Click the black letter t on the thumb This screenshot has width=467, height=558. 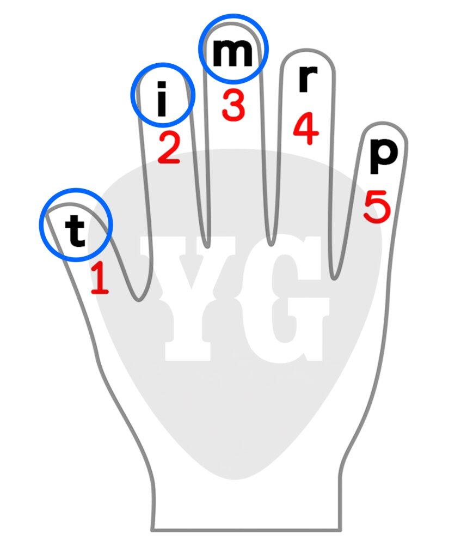point(75,231)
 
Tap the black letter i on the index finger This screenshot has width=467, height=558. point(162,99)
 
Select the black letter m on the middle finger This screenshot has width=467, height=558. point(232,53)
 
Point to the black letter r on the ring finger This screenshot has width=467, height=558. point(308,80)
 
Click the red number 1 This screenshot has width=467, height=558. point(100,278)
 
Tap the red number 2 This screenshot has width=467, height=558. point(169,148)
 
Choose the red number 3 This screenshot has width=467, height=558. point(234,105)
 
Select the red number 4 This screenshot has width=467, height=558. point(306,129)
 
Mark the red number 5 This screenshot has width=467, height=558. point(377,207)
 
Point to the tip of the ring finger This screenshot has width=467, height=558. point(307,50)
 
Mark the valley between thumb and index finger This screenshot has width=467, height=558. point(139,300)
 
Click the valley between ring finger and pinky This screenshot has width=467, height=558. point(334,280)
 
